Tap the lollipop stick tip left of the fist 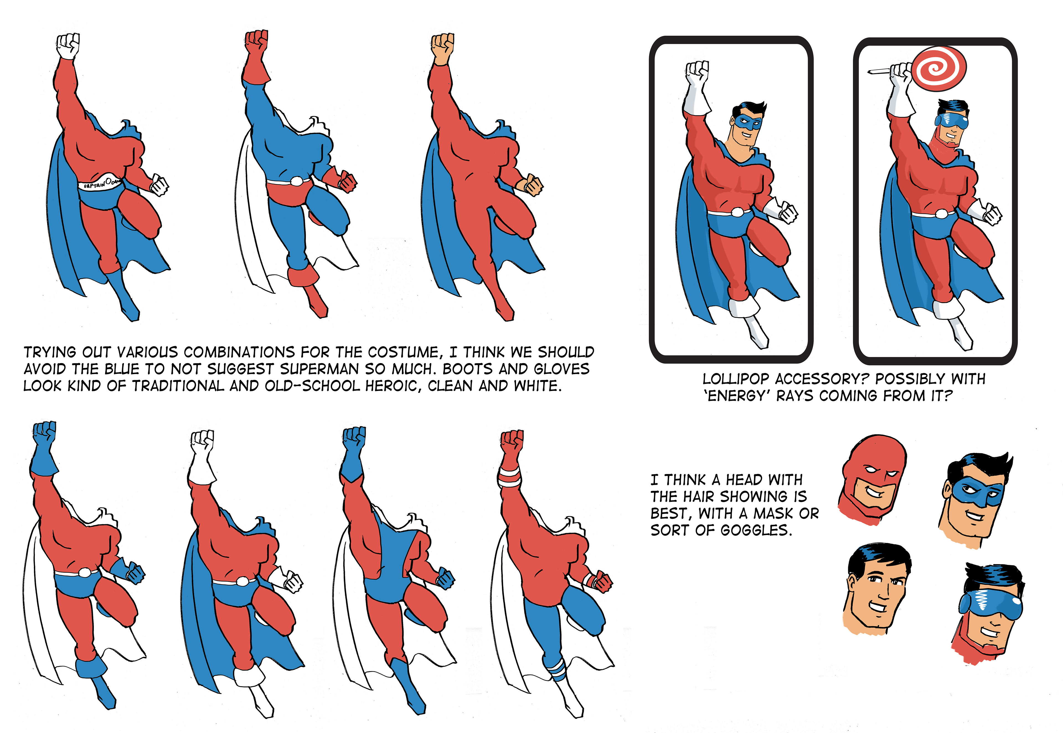869,72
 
